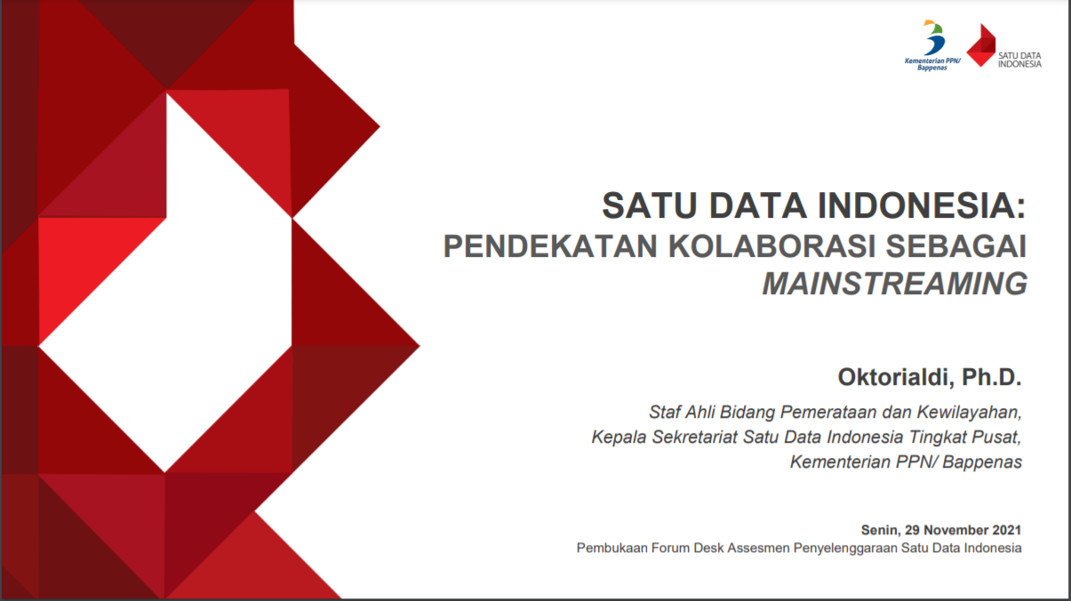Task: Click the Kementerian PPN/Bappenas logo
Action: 932,45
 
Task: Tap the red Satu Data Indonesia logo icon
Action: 981,45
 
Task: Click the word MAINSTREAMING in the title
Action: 894,284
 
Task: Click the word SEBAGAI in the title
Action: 956,245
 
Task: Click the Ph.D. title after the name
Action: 992,377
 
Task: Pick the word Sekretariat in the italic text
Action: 695,437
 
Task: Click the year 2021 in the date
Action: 1006,530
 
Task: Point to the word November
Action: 955,530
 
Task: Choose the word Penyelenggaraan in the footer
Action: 845,549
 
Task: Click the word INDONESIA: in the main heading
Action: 922,205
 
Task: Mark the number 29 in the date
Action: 912,530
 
